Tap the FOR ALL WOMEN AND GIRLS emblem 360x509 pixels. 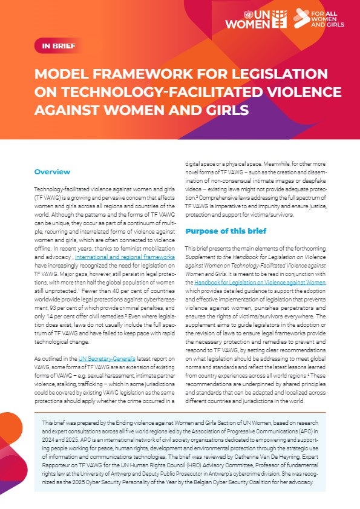coord(318,18)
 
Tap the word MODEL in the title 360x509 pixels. coord(62,74)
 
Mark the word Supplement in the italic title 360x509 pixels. coord(201,257)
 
